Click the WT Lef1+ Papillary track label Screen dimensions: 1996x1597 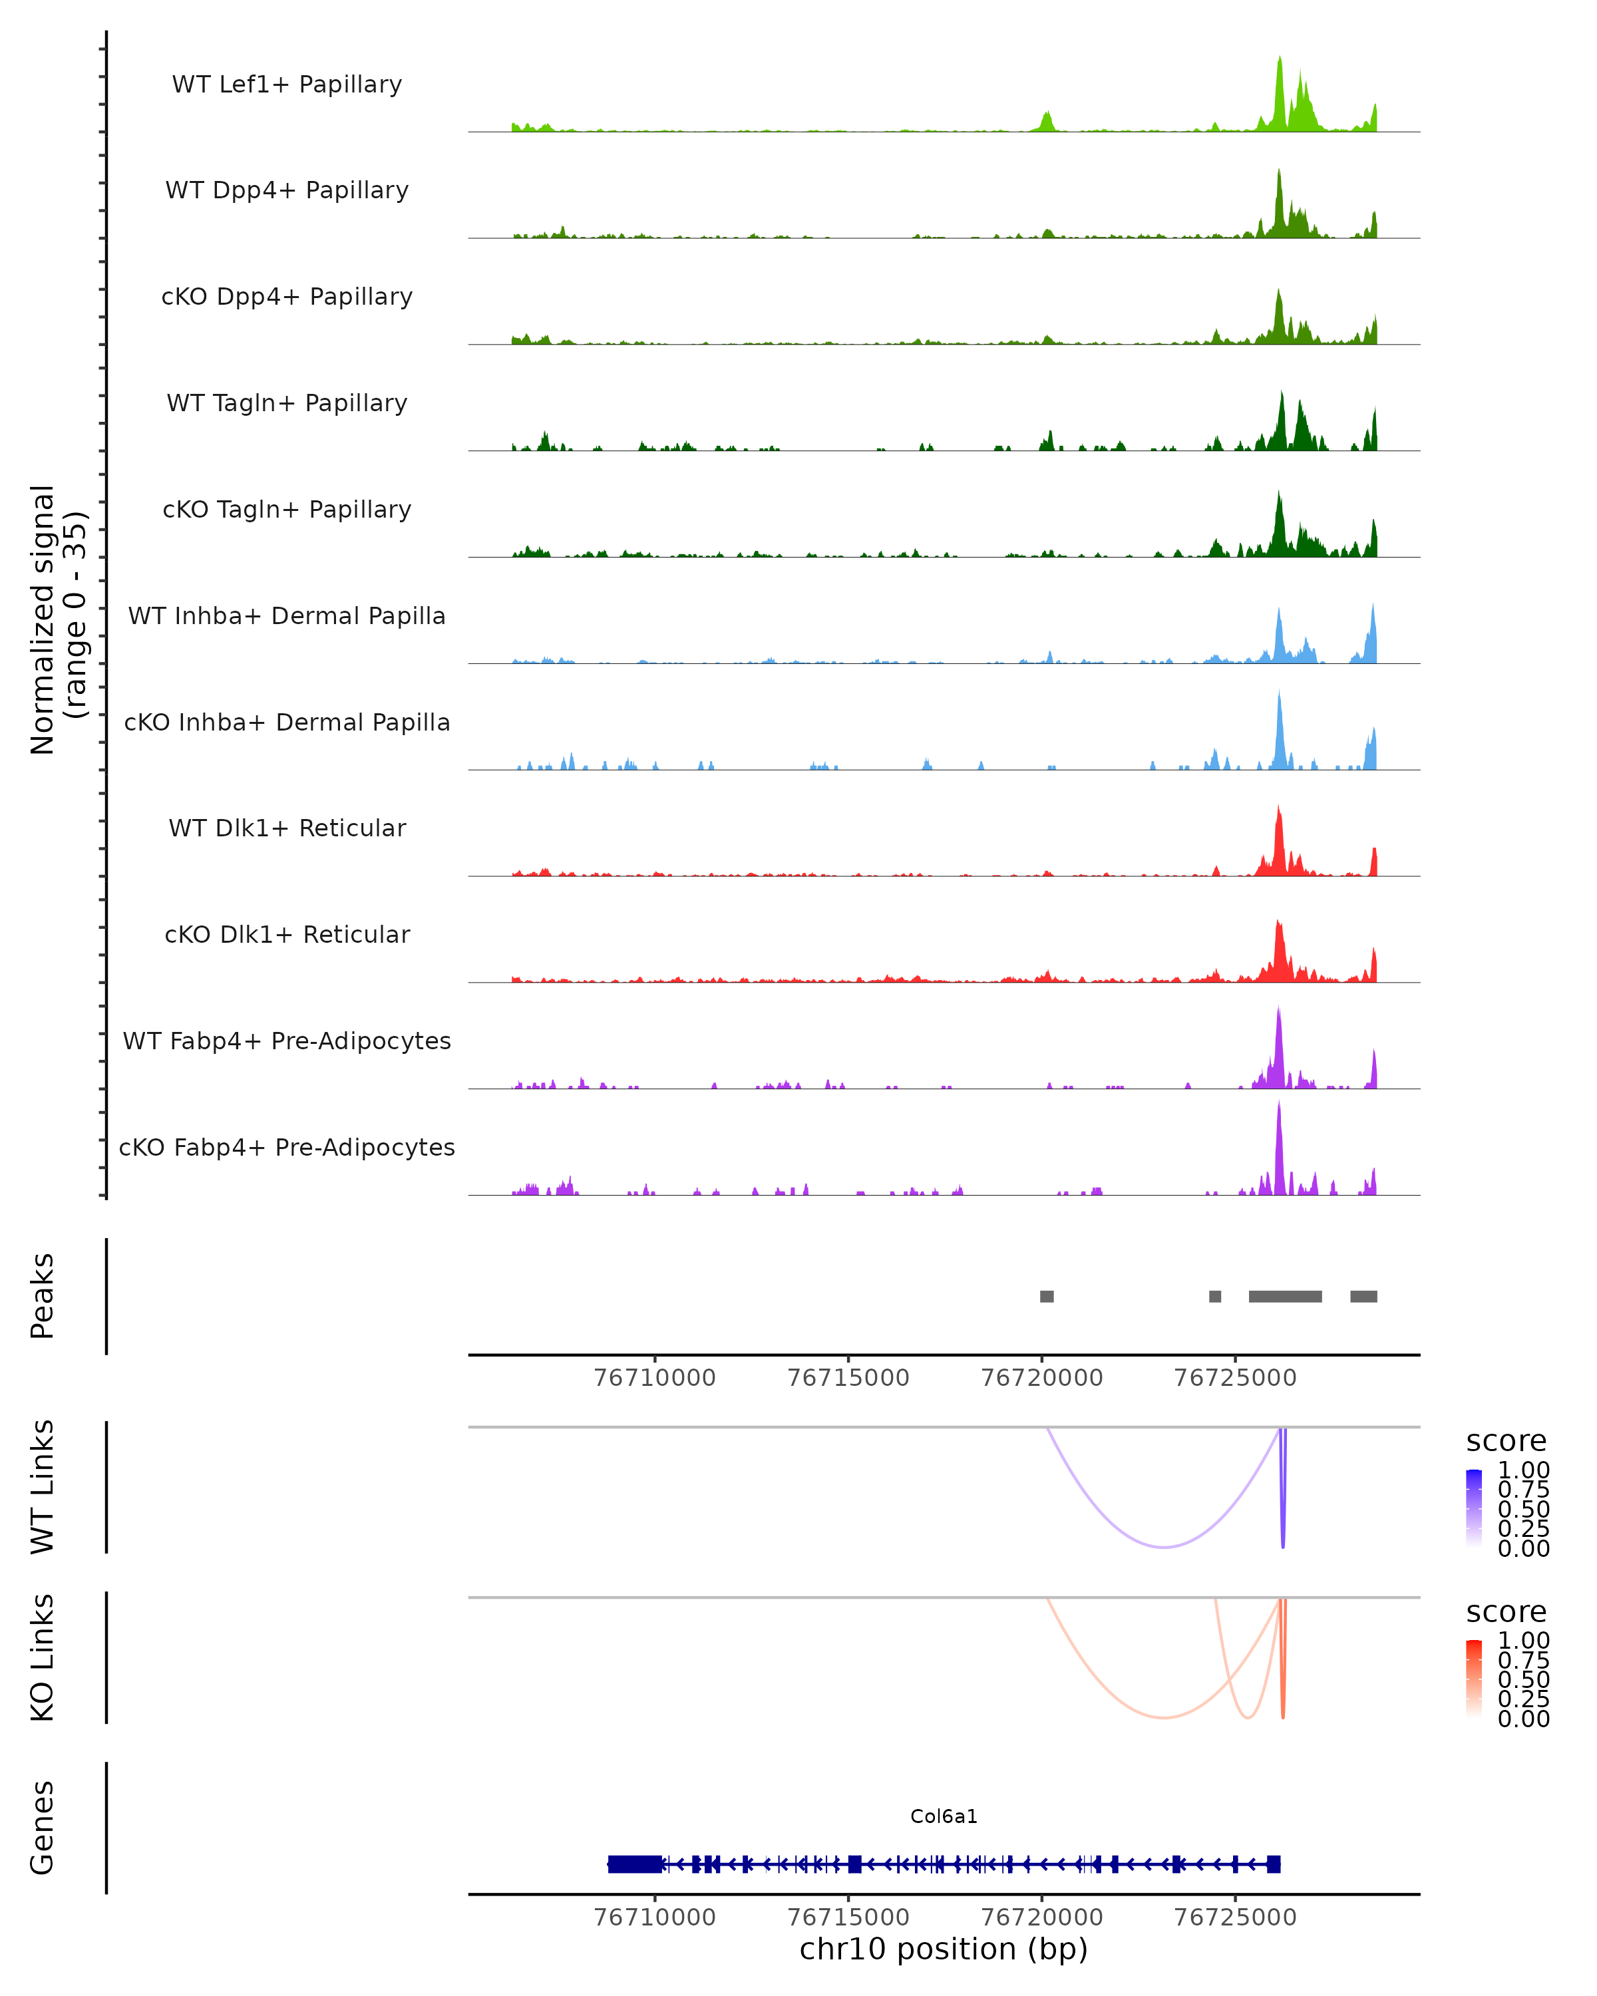point(287,84)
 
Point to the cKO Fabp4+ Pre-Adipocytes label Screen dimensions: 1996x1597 point(287,1147)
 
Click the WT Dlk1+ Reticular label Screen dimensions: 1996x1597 point(287,828)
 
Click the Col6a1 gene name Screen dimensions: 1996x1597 point(944,1816)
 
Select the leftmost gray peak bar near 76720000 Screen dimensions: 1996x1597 point(1046,1296)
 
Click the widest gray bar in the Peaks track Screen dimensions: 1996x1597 point(1284,1296)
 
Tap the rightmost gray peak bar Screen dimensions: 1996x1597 point(1363,1296)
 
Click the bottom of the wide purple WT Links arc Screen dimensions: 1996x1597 point(1164,1546)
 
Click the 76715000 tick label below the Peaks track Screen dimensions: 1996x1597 point(848,1378)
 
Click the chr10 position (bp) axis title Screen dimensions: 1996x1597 point(944,1949)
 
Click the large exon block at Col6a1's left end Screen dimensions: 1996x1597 point(635,1864)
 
